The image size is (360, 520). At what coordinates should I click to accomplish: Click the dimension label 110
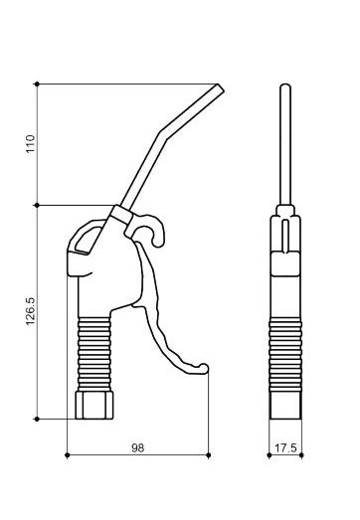(x=29, y=145)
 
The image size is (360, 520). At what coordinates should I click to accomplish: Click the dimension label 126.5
(x=29, y=312)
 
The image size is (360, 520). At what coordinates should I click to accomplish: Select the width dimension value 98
(x=137, y=447)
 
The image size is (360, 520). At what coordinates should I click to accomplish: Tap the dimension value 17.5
(x=285, y=447)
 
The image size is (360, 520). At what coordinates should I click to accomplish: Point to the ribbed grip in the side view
(x=96, y=352)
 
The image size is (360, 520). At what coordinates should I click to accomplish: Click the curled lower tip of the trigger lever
(x=204, y=370)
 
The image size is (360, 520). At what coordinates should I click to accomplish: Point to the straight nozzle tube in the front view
(x=285, y=149)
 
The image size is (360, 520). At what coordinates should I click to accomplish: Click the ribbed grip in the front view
(x=285, y=352)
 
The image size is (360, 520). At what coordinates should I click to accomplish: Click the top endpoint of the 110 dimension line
(x=37, y=85)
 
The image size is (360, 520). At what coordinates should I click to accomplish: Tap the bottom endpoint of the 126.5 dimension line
(x=37, y=419)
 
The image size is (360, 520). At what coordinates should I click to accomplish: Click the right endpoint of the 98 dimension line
(x=209, y=455)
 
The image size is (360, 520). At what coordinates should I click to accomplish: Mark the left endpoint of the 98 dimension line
(x=67, y=455)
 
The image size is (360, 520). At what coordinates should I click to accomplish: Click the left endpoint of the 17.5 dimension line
(x=270, y=455)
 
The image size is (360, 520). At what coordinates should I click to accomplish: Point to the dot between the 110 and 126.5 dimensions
(x=37, y=206)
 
